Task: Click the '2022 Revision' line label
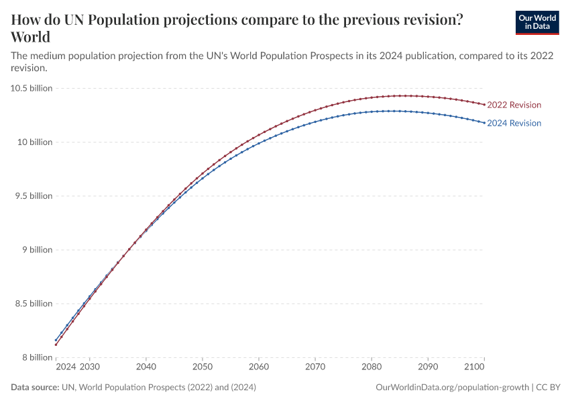pyautogui.click(x=514, y=105)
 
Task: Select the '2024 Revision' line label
pyautogui.click(x=514, y=123)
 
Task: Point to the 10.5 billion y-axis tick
pyautogui.click(x=31, y=89)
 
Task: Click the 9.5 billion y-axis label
pyautogui.click(x=32, y=196)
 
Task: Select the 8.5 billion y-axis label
pyautogui.click(x=32, y=304)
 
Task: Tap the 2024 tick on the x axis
pyautogui.click(x=65, y=367)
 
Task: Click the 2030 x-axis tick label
pyautogui.click(x=90, y=367)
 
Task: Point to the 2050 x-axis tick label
pyautogui.click(x=203, y=367)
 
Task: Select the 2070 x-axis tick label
pyautogui.click(x=315, y=367)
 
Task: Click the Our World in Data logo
pyautogui.click(x=536, y=22)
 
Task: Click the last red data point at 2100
pyautogui.click(x=483, y=104)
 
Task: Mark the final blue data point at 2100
pyautogui.click(x=483, y=122)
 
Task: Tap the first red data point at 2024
pyautogui.click(x=56, y=345)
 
